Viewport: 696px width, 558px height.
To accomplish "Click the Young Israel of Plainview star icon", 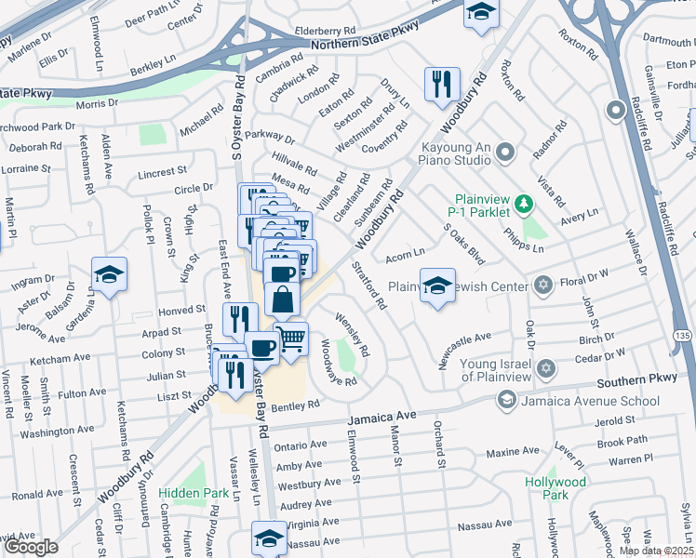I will (x=547, y=370).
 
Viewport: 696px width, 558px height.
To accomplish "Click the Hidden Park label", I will (x=193, y=493).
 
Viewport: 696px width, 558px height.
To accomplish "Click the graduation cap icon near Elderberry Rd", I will (x=480, y=12).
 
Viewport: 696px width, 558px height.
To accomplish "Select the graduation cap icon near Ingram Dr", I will (x=109, y=274).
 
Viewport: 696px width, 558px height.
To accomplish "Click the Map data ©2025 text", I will (x=656, y=551).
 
